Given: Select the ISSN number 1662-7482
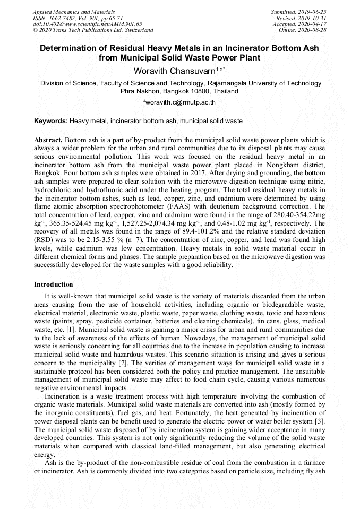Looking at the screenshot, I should coord(58,18).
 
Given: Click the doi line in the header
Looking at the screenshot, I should coord(87,24).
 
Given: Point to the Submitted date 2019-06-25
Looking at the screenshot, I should coord(313,11).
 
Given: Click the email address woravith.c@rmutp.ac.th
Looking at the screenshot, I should coord(181,102).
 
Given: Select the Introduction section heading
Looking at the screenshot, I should coord(54,284).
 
